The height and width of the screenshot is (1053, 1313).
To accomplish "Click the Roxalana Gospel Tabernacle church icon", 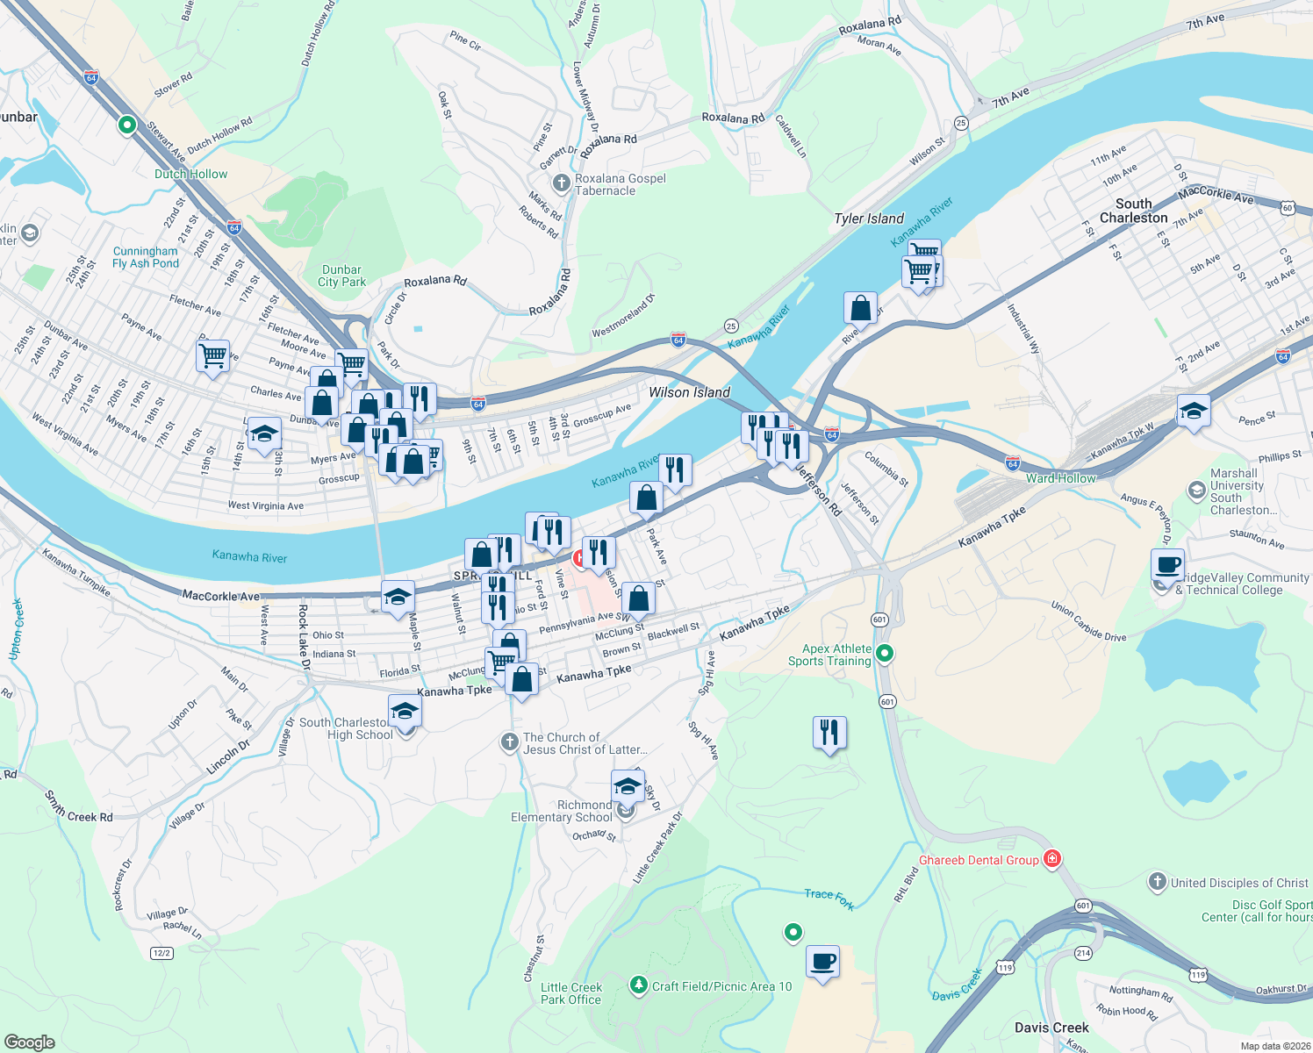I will pyautogui.click(x=562, y=183).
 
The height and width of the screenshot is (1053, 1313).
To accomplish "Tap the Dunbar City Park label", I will pyautogui.click(x=341, y=276).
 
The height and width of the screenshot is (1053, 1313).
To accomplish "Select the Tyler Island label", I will pyautogui.click(x=868, y=218).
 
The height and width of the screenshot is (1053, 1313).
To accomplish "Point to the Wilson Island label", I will pyautogui.click(x=689, y=392).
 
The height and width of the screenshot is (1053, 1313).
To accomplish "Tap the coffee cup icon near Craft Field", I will pyautogui.click(x=822, y=961).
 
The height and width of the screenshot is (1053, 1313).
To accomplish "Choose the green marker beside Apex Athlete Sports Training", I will pyautogui.click(x=885, y=653).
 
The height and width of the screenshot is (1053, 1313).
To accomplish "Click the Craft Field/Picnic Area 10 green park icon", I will pyautogui.click(x=639, y=986).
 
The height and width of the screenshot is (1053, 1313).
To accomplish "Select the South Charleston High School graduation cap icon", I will pyautogui.click(x=405, y=710).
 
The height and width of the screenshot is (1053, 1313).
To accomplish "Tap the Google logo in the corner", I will pyautogui.click(x=29, y=1042).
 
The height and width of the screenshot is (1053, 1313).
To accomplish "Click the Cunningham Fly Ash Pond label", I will pyautogui.click(x=145, y=257).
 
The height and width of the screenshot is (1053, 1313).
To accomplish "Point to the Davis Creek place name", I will pyautogui.click(x=1051, y=1028).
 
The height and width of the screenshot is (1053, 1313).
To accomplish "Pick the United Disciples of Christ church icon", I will pyautogui.click(x=1158, y=882).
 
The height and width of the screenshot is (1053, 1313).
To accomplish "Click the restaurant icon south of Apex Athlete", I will pyautogui.click(x=829, y=731).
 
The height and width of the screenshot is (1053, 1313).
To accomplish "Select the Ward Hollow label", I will pyautogui.click(x=1060, y=478).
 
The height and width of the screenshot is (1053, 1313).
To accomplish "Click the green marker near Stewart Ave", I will pyautogui.click(x=127, y=125).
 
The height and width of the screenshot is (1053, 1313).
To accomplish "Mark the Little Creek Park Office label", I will pyautogui.click(x=570, y=993).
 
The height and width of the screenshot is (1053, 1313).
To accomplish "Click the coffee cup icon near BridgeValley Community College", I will pyautogui.click(x=1167, y=564).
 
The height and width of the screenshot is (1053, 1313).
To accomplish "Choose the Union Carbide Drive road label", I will pyautogui.click(x=1088, y=621).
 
